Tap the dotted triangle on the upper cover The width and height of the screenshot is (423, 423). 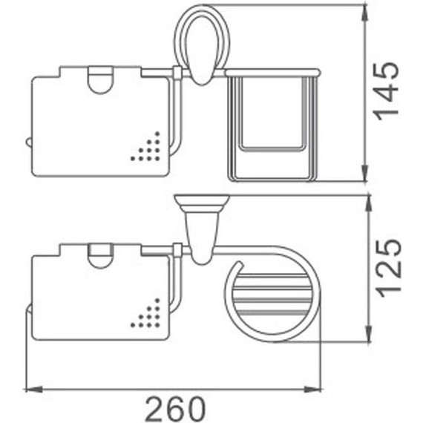[148, 149]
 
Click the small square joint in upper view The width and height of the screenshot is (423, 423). [177, 72]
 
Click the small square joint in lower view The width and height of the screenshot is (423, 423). [177, 248]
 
